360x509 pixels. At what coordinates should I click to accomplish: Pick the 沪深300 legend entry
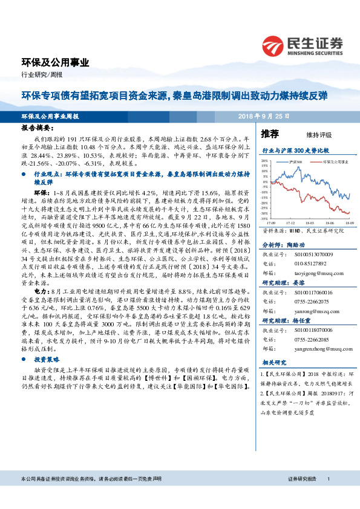(296, 163)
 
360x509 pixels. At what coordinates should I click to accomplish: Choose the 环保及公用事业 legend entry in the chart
(333, 163)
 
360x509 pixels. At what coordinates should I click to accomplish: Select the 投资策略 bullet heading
(44, 358)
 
